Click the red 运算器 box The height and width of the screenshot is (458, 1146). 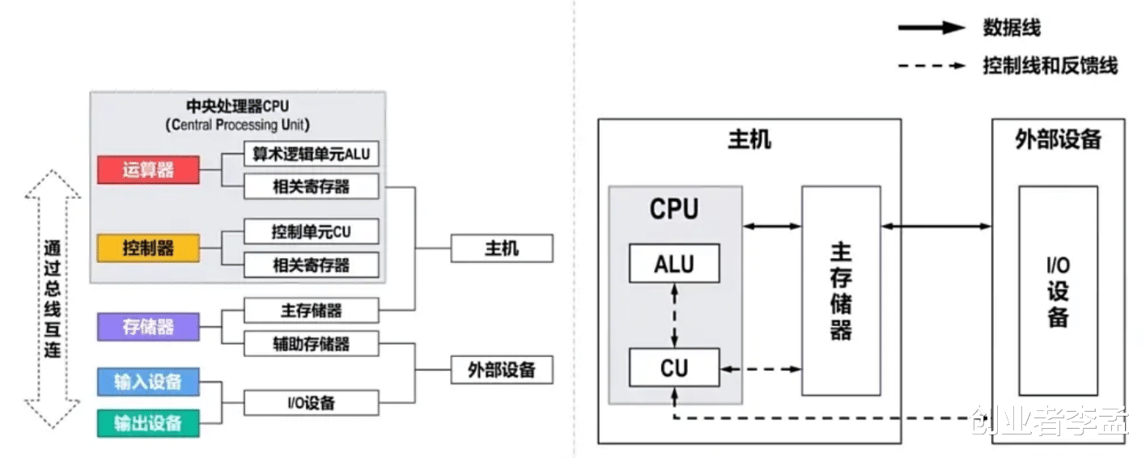[148, 170]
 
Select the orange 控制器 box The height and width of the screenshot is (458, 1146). [148, 248]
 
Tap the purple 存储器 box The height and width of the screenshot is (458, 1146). [148, 327]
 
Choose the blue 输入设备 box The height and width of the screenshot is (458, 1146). [148, 382]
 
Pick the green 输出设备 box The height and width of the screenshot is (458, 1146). [148, 423]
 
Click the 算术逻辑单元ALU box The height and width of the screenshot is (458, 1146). [311, 154]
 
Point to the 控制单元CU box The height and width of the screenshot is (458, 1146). [311, 232]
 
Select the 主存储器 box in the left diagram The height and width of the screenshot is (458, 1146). [311, 311]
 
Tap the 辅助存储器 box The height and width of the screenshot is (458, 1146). [311, 344]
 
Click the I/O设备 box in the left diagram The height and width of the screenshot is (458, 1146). [311, 402]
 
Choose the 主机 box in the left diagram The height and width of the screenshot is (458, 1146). [501, 248]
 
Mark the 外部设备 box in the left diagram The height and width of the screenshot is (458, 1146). [501, 370]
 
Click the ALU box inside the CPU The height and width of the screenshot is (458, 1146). [674, 263]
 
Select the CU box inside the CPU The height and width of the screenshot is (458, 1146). [674, 368]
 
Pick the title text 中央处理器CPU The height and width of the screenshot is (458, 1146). [237, 106]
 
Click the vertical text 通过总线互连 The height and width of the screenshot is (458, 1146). [53, 299]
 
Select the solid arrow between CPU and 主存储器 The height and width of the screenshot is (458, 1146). [772, 226]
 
